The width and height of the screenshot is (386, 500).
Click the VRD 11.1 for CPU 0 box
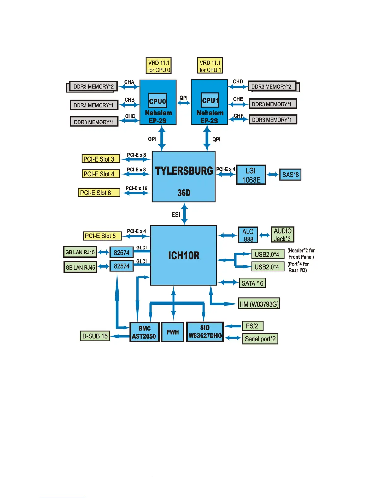pyautogui.click(x=158, y=66)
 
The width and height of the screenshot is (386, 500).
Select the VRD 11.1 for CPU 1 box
pyautogui.click(x=210, y=66)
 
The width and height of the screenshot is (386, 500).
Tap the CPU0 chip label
pyautogui.click(x=157, y=101)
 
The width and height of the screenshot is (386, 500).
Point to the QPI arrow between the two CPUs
pyautogui.click(x=184, y=103)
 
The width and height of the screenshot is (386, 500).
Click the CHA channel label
pyautogui.click(x=129, y=82)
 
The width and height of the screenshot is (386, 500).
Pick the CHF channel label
pyautogui.click(x=238, y=116)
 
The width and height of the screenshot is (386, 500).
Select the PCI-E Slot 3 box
pyautogui.click(x=101, y=159)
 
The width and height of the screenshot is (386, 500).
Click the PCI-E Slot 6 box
pyautogui.click(x=99, y=193)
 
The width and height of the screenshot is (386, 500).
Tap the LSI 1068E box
pyautogui.click(x=251, y=175)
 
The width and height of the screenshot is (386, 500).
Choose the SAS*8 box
pyautogui.click(x=290, y=175)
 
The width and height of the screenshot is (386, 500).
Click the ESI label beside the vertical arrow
pyautogui.click(x=176, y=215)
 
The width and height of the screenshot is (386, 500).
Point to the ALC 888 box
pyautogui.click(x=248, y=235)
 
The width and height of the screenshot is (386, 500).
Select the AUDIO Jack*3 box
pyautogui.click(x=282, y=235)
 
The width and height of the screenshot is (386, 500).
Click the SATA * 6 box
pyautogui.click(x=252, y=283)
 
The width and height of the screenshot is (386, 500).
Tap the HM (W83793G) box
pyautogui.click(x=259, y=304)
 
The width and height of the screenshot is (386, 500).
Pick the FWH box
pyautogui.click(x=173, y=332)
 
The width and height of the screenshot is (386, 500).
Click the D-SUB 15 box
pyautogui.click(x=95, y=336)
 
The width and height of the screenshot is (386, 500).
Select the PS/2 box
pyautogui.click(x=252, y=326)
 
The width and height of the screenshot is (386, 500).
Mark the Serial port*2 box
pyautogui.click(x=260, y=339)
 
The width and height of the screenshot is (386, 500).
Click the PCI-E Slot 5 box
pyautogui.click(x=102, y=236)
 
